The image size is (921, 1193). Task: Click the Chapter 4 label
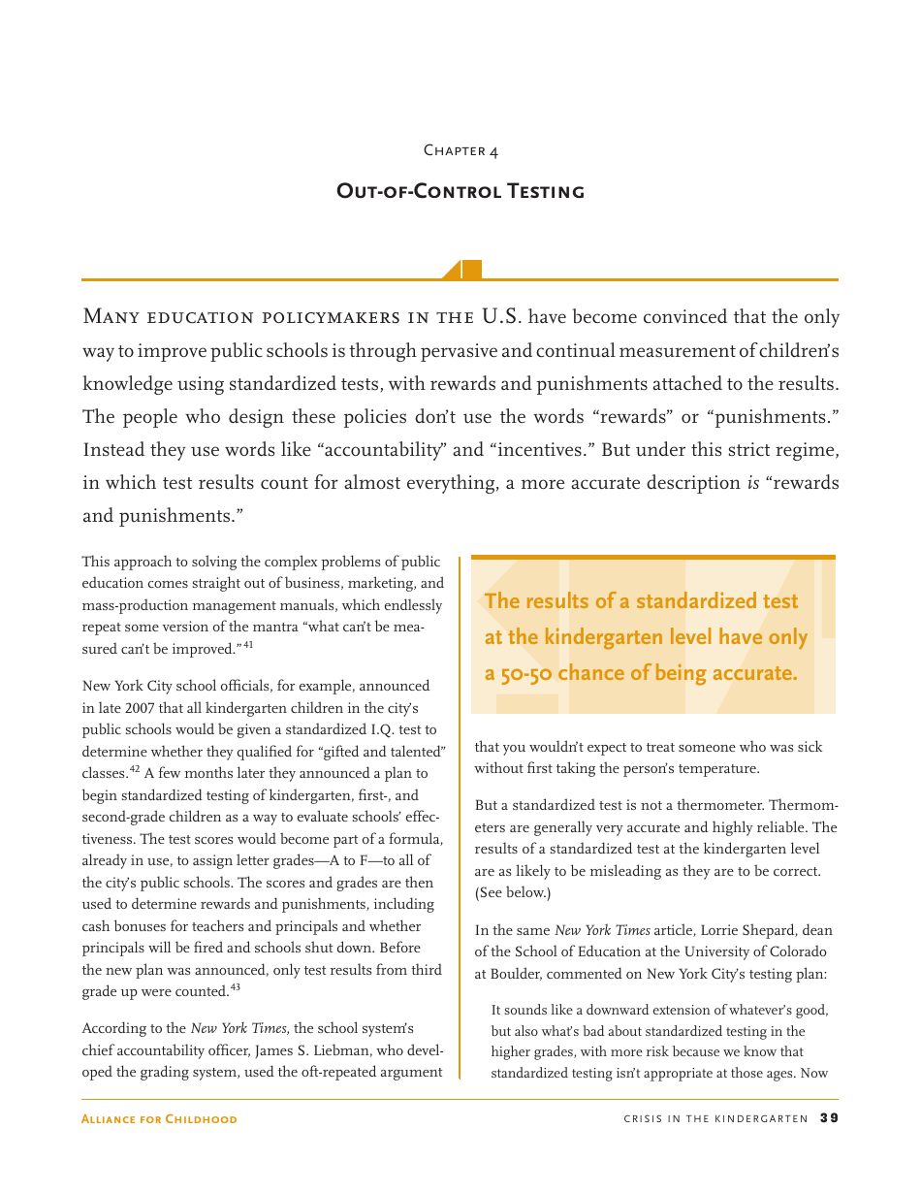coord(460,150)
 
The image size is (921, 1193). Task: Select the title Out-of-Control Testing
coord(460,191)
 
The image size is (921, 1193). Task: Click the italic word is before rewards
coord(752,483)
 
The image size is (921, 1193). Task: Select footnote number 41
coord(248,645)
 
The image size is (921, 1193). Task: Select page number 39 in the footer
coord(829,1118)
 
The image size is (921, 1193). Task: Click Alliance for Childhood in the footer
coord(160,1119)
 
